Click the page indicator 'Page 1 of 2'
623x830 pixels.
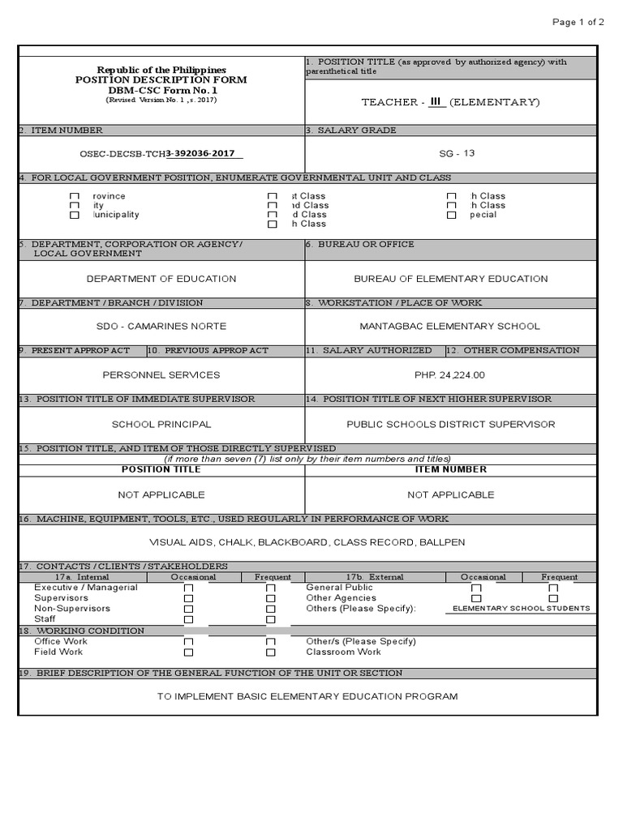578,22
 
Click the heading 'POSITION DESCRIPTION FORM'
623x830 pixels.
161,80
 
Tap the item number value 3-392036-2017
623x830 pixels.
204,153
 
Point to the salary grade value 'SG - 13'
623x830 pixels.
451,153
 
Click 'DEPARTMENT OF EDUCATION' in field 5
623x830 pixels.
161,279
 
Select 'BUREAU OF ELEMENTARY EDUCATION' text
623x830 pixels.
451,279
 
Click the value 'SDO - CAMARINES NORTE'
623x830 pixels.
161,327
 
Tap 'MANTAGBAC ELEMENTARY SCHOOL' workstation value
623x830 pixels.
449,327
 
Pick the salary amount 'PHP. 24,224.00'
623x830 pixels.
449,375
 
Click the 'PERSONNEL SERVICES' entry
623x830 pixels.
161,375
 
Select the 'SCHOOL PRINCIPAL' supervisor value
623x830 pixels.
161,424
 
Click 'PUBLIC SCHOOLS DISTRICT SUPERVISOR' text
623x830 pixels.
451,424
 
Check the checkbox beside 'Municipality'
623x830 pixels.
75,216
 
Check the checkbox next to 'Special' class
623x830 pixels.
451,216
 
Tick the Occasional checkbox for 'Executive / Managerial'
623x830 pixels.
189,588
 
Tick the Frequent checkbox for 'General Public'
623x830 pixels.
553,588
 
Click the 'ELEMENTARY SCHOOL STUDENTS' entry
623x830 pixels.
521,609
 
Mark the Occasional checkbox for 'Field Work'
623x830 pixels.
189,652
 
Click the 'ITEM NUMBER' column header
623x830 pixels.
451,469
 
